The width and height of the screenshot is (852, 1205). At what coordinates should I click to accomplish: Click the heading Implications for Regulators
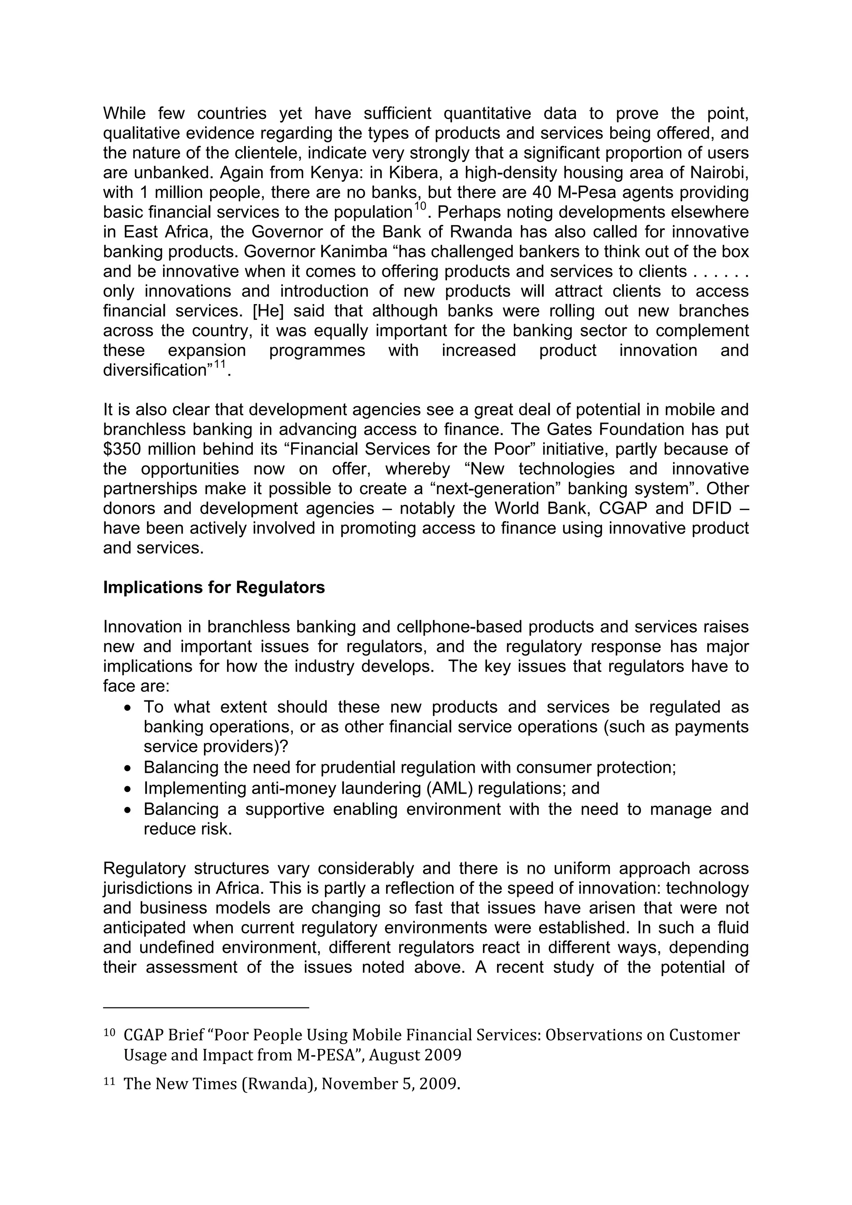pos(214,587)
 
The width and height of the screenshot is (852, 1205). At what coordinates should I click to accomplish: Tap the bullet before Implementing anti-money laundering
pos(128,789)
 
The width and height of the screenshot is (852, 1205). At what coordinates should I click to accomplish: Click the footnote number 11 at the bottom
pos(109,1081)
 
